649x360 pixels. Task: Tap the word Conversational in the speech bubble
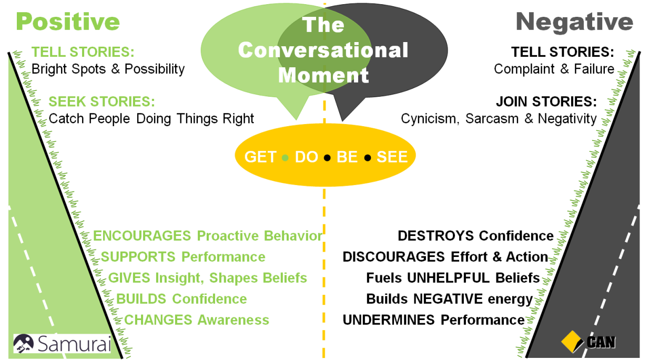pos(323,50)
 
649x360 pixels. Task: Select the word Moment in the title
pos(323,75)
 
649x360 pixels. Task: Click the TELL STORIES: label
pos(83,53)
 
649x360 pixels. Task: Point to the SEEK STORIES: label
pos(102,101)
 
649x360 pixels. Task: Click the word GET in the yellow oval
pos(260,157)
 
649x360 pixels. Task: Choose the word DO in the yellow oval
pos(306,157)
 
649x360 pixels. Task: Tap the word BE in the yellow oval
pos(347,157)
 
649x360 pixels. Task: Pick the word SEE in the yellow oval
pos(392,157)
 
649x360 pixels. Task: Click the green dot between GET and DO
pos(285,158)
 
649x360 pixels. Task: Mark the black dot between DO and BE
pos(327,158)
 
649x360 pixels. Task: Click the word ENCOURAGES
pos(141,236)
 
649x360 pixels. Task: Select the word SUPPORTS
pos(138,257)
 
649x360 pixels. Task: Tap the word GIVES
pos(129,278)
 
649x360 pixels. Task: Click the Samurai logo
pos(63,343)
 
